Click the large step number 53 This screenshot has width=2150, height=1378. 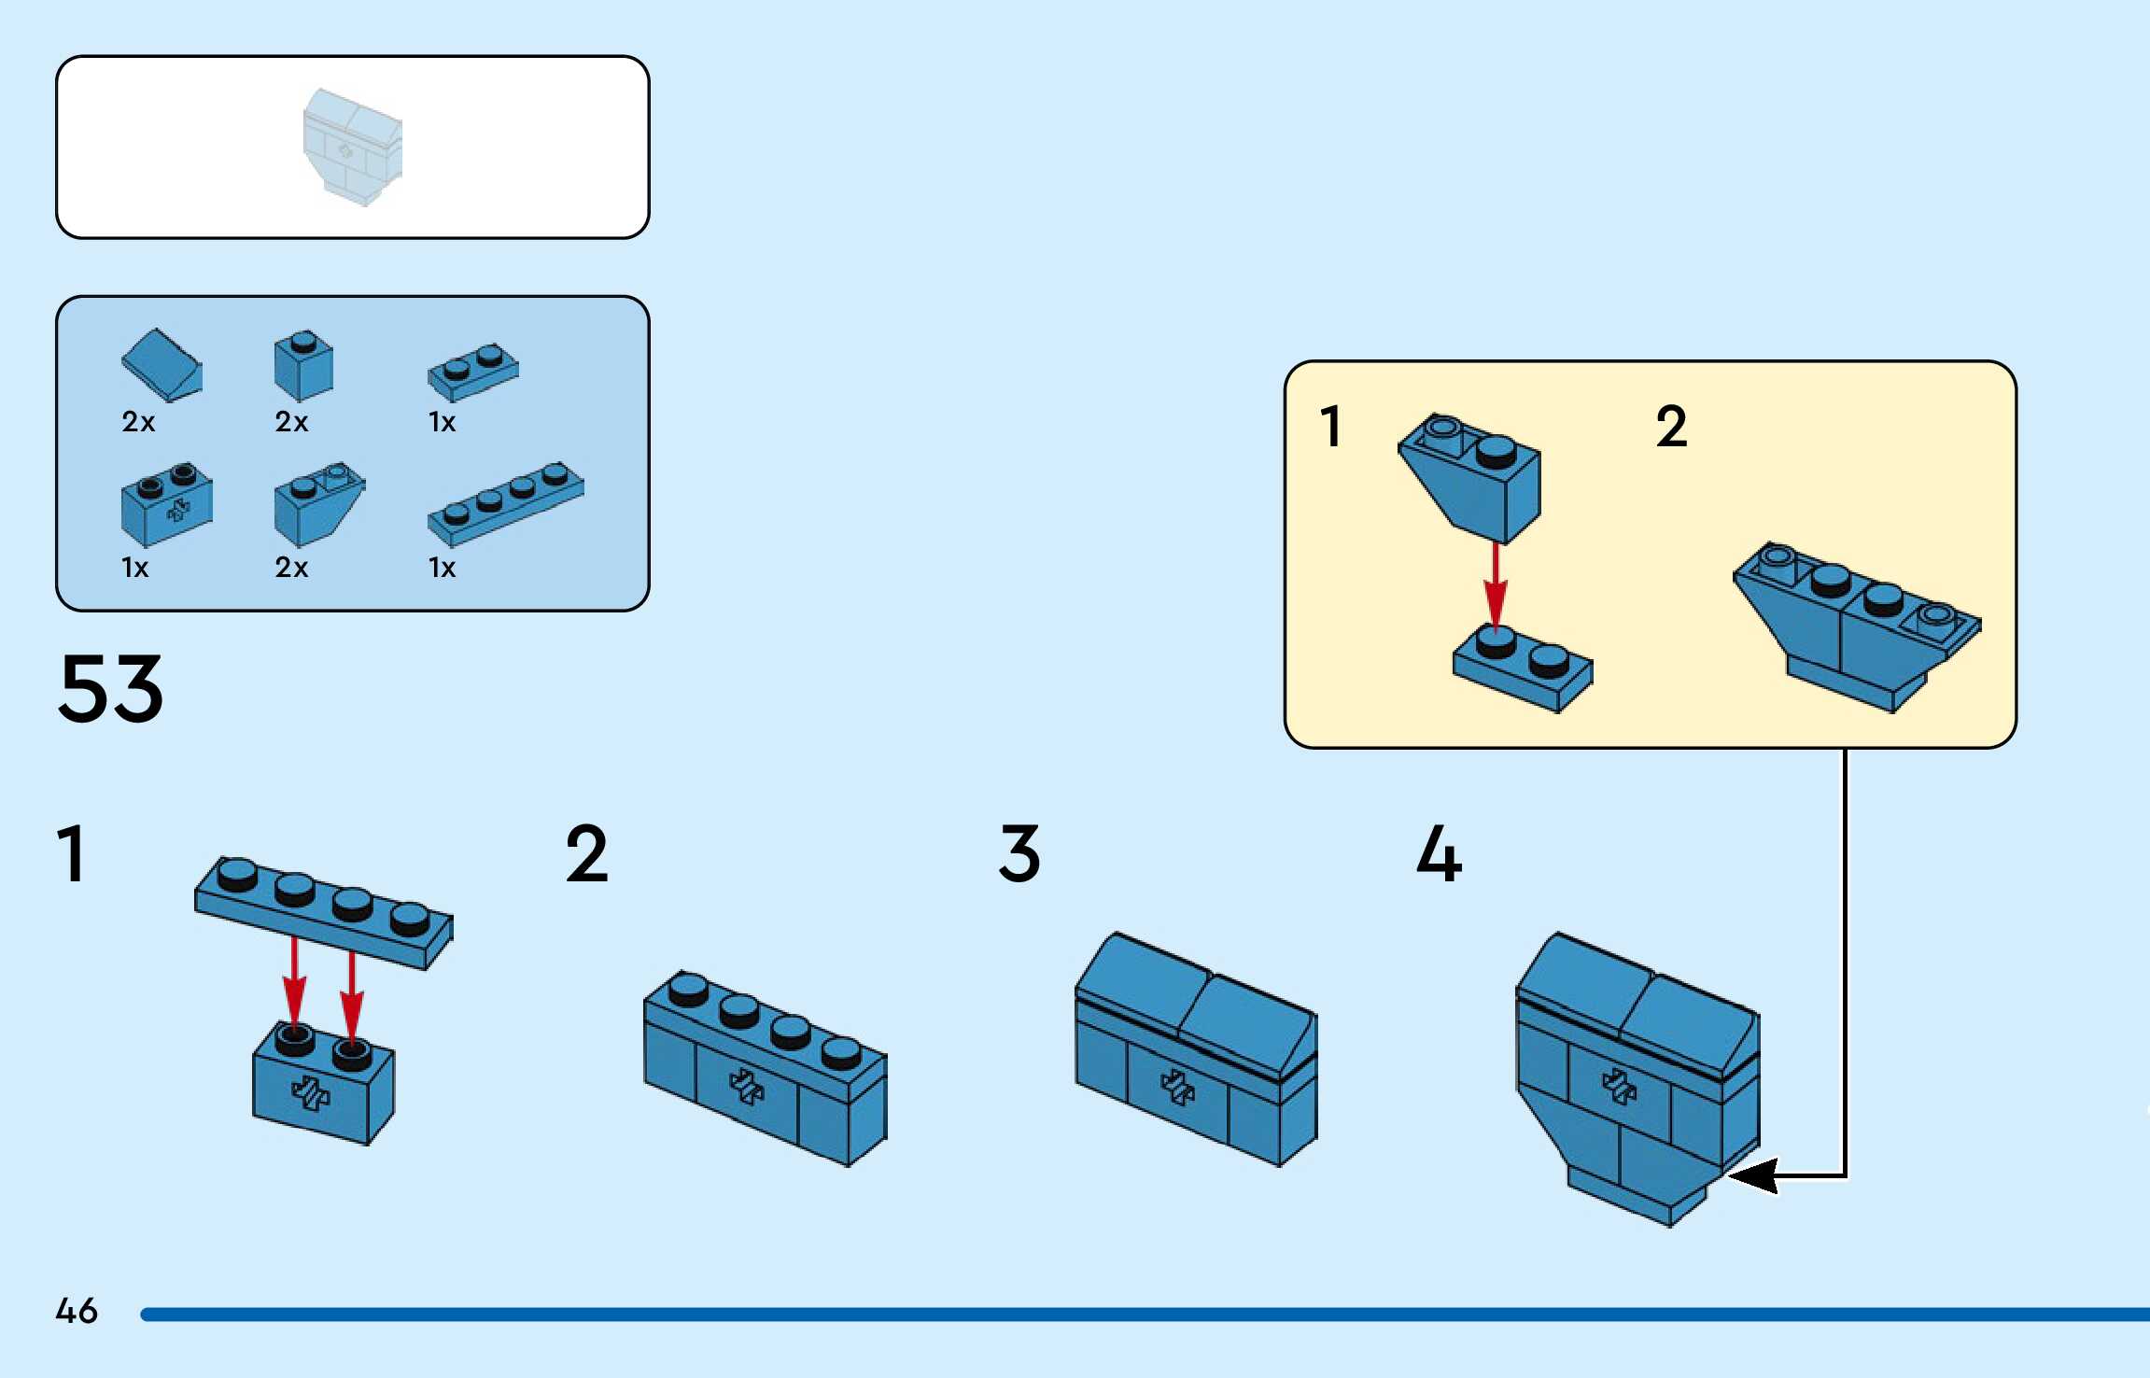(x=110, y=689)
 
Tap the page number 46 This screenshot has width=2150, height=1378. (x=76, y=1310)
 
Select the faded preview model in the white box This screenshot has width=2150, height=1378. (x=352, y=147)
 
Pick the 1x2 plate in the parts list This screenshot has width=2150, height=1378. (x=472, y=371)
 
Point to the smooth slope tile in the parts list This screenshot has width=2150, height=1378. (x=162, y=364)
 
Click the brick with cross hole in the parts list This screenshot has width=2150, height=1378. (x=166, y=504)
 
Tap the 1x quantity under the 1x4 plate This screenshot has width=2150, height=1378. (x=442, y=568)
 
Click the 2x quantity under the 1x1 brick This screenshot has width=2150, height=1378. (x=291, y=422)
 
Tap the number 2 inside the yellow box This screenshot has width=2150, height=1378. (x=1671, y=427)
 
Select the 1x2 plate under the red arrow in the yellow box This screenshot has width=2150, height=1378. (x=1523, y=668)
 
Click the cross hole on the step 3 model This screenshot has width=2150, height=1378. (x=1176, y=1087)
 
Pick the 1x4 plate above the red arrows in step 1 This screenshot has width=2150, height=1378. (x=323, y=910)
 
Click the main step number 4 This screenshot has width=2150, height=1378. (x=1439, y=853)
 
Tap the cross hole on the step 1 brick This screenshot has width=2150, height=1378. (x=311, y=1092)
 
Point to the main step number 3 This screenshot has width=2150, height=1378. (x=1019, y=853)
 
